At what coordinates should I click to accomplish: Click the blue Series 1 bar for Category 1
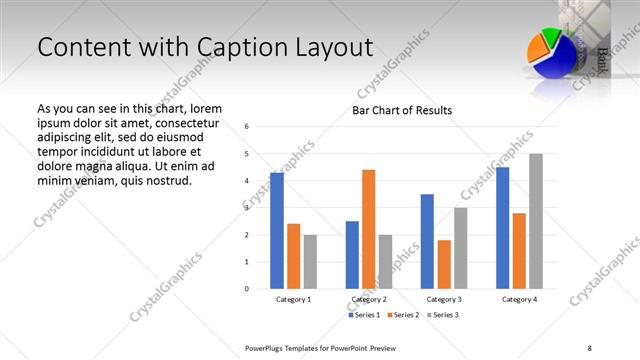(277, 231)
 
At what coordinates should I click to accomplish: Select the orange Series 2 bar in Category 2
(368, 229)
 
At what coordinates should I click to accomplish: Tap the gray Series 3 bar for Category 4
(536, 221)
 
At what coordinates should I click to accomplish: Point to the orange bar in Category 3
(444, 264)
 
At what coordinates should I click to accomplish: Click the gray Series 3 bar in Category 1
(310, 262)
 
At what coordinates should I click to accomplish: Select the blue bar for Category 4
(502, 228)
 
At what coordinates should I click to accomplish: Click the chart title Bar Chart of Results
(402, 110)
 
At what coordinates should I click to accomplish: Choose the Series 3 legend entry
(443, 315)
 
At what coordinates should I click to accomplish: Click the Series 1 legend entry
(365, 315)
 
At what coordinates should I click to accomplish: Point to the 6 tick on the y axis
(247, 127)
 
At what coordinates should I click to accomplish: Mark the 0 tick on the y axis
(247, 289)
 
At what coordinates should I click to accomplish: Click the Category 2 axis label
(369, 299)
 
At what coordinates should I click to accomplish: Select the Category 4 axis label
(519, 299)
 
